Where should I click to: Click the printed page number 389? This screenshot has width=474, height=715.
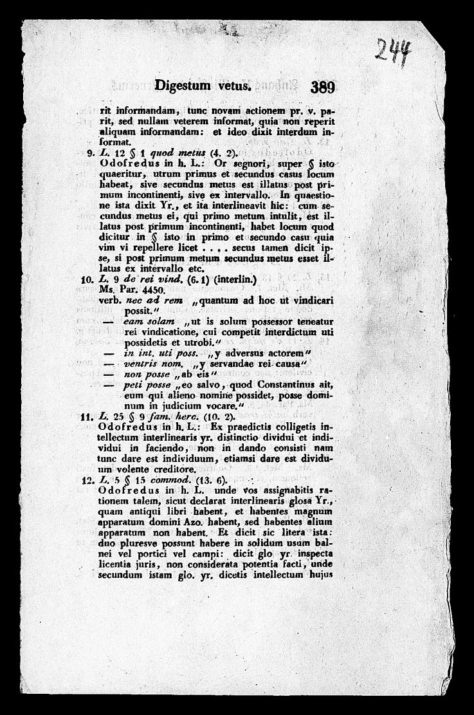click(x=313, y=88)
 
